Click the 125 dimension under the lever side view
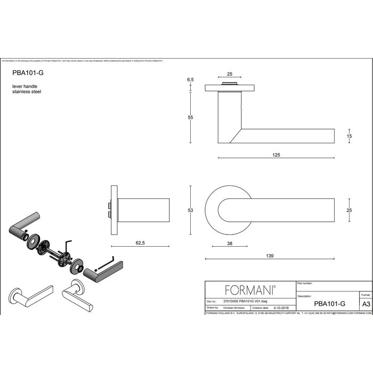pos(276,155)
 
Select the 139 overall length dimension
pos(270,256)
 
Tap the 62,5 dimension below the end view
pos(141,242)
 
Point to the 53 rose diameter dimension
pos(190,211)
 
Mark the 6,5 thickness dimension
pos(190,79)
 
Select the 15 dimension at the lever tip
pos(349,136)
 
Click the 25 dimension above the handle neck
pos(229,74)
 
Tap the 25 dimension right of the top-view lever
pos(349,211)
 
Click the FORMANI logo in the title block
pos(250,290)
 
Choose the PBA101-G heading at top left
pos(28,75)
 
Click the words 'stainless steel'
pos(27,92)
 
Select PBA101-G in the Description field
pos(330,303)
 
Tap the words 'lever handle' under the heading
pos(25,86)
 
